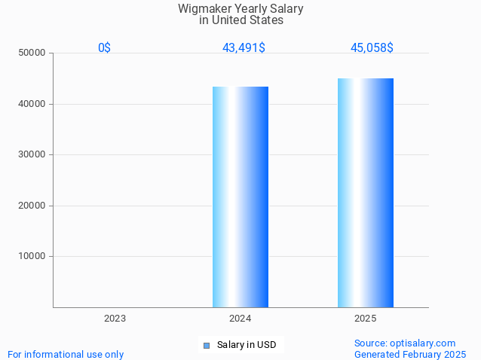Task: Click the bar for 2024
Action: (x=240, y=197)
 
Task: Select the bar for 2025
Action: (x=366, y=193)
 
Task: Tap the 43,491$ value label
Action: (x=244, y=48)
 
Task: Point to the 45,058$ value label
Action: (x=372, y=48)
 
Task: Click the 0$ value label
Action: (x=104, y=48)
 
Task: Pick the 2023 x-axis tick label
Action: (x=115, y=319)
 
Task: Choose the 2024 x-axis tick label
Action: (x=240, y=319)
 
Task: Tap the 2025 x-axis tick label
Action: (x=366, y=319)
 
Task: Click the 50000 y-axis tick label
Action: (x=32, y=53)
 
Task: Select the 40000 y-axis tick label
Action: (x=32, y=104)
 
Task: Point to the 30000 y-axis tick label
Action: (x=32, y=154)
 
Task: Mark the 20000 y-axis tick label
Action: (x=32, y=206)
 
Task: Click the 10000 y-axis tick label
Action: (x=32, y=256)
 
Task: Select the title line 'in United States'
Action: (x=240, y=20)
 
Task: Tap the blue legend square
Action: (x=206, y=346)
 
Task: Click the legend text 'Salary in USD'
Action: (x=247, y=345)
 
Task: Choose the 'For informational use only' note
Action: (x=66, y=354)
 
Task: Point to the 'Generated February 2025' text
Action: (x=410, y=354)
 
